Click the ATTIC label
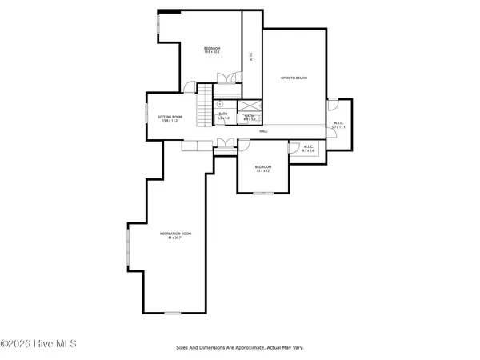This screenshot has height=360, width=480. (250, 57)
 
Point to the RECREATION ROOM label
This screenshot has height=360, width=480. (175, 234)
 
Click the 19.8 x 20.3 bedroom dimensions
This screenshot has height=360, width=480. (212, 54)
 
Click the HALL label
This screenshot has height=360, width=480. (262, 131)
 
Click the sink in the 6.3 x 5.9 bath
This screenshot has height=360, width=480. (219, 103)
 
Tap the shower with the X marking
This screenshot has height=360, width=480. (251, 106)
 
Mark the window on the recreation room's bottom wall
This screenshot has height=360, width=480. (173, 312)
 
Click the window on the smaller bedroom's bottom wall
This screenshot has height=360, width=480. (263, 193)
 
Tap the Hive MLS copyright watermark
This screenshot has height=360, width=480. (38, 344)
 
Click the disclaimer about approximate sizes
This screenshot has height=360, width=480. (239, 348)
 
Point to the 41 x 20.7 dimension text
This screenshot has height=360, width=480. (175, 238)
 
